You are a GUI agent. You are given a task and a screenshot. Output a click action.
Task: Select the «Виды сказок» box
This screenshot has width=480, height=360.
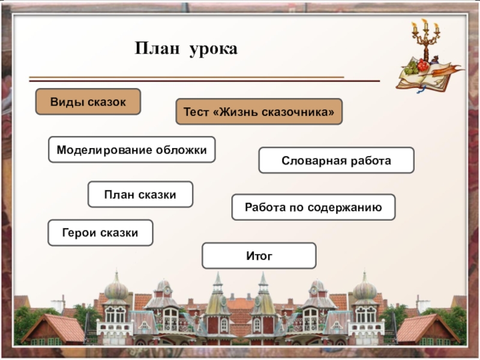(x=88, y=102)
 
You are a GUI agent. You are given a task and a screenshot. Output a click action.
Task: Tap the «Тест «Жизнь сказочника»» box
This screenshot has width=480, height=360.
(x=259, y=112)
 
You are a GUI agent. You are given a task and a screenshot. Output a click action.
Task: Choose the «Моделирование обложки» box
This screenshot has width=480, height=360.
(x=131, y=149)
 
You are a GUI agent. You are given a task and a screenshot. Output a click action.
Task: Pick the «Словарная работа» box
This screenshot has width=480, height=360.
(x=336, y=161)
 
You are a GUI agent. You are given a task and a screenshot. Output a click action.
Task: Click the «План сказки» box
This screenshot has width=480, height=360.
(x=140, y=194)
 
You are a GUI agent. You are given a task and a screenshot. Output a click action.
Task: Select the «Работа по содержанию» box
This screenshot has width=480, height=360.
(x=313, y=207)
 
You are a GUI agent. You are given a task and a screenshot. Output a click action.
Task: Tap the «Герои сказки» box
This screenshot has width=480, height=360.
(x=100, y=232)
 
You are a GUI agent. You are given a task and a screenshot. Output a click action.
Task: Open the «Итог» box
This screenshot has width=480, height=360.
(x=259, y=256)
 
